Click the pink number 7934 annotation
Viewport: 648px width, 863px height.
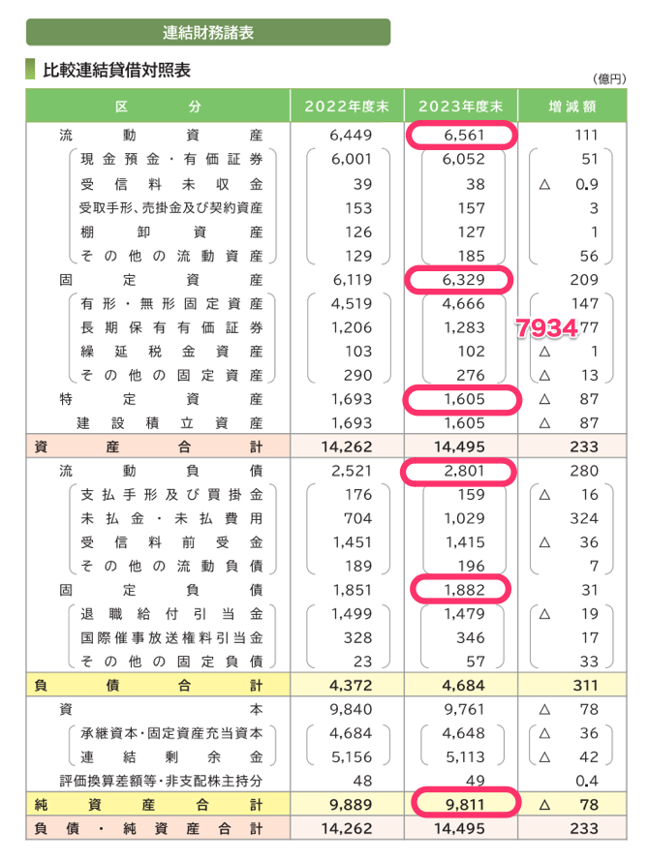[546, 327]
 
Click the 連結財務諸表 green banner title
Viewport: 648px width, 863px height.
[208, 33]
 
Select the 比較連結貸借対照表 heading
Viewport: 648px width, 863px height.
[115, 71]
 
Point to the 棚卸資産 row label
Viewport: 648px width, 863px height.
[171, 231]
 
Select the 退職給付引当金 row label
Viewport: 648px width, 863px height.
[171, 613]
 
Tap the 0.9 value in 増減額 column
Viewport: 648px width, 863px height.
[586, 184]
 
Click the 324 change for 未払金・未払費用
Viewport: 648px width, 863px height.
[584, 519]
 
